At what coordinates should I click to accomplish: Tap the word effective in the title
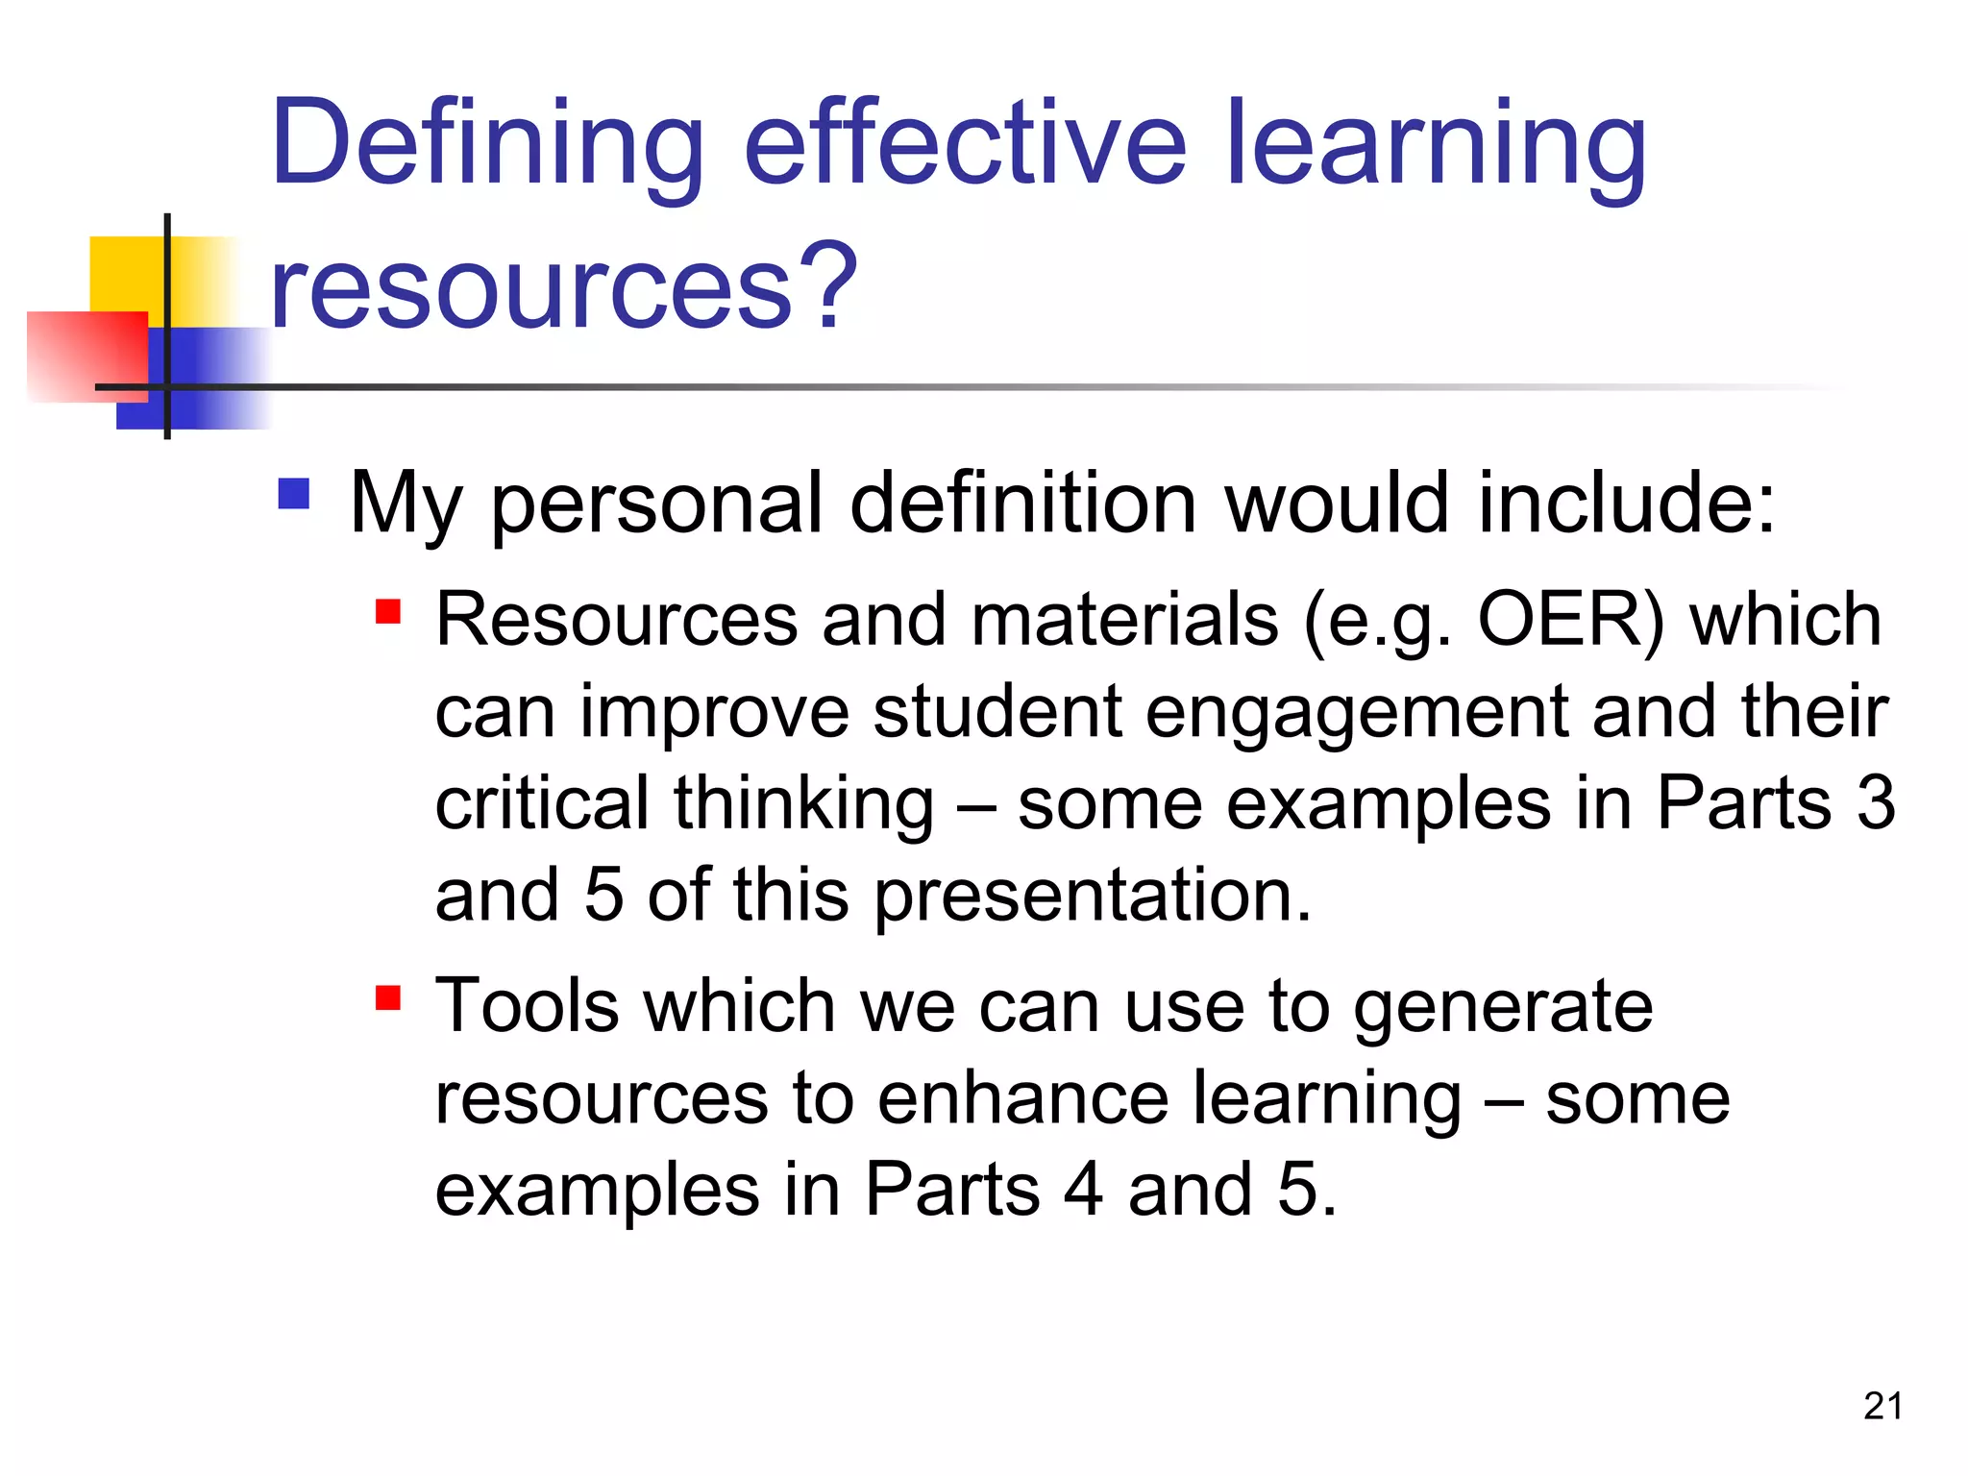pos(964,144)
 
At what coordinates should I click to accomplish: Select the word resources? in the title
pos(563,286)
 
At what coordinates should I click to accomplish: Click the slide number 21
pos(1882,1406)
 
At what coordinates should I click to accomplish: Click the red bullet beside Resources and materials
pos(387,611)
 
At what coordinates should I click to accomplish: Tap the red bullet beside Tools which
pos(387,997)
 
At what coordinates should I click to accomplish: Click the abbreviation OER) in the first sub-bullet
pos(1570,619)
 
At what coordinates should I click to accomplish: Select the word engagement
pos(1356,713)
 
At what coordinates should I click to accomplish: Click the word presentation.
pos(1092,896)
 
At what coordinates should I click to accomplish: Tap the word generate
pos(1503,1006)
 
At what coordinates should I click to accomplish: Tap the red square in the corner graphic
pos(86,356)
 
